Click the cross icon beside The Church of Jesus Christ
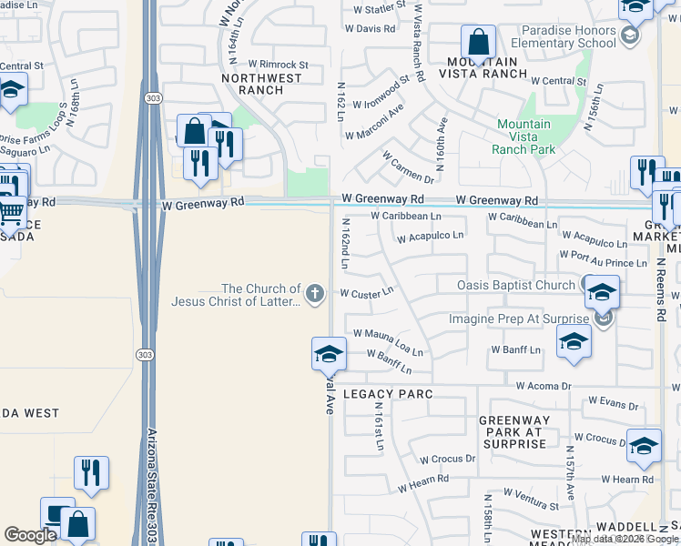(x=314, y=293)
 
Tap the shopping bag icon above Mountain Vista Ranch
(x=478, y=41)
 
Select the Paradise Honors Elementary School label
(x=563, y=35)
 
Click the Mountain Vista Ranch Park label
(x=523, y=136)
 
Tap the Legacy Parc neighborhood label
(x=387, y=394)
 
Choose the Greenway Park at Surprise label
(x=512, y=432)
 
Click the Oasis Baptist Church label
(x=516, y=286)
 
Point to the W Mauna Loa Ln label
(x=388, y=342)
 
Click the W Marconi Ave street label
(x=374, y=124)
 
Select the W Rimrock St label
(x=279, y=65)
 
